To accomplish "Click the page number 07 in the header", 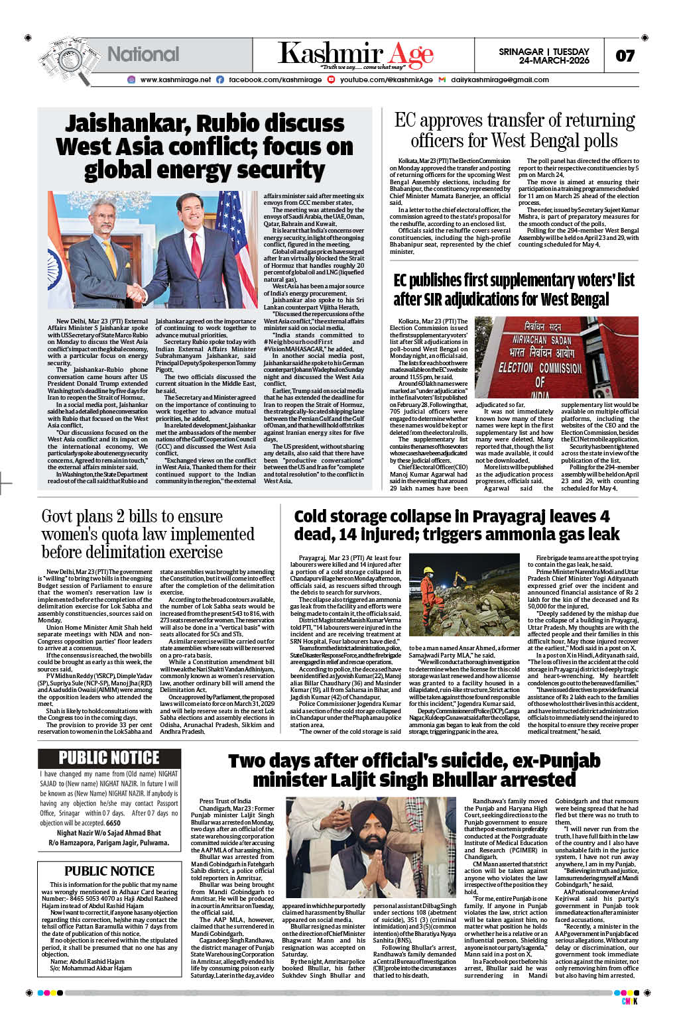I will pyautogui.click(x=625, y=56).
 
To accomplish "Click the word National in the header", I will pyautogui.click(x=143, y=54).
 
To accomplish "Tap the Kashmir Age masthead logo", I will pyautogui.click(x=355, y=54).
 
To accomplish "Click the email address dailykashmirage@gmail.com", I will pyautogui.click(x=499, y=80).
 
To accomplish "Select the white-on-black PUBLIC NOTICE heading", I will pyautogui.click(x=109, y=758).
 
